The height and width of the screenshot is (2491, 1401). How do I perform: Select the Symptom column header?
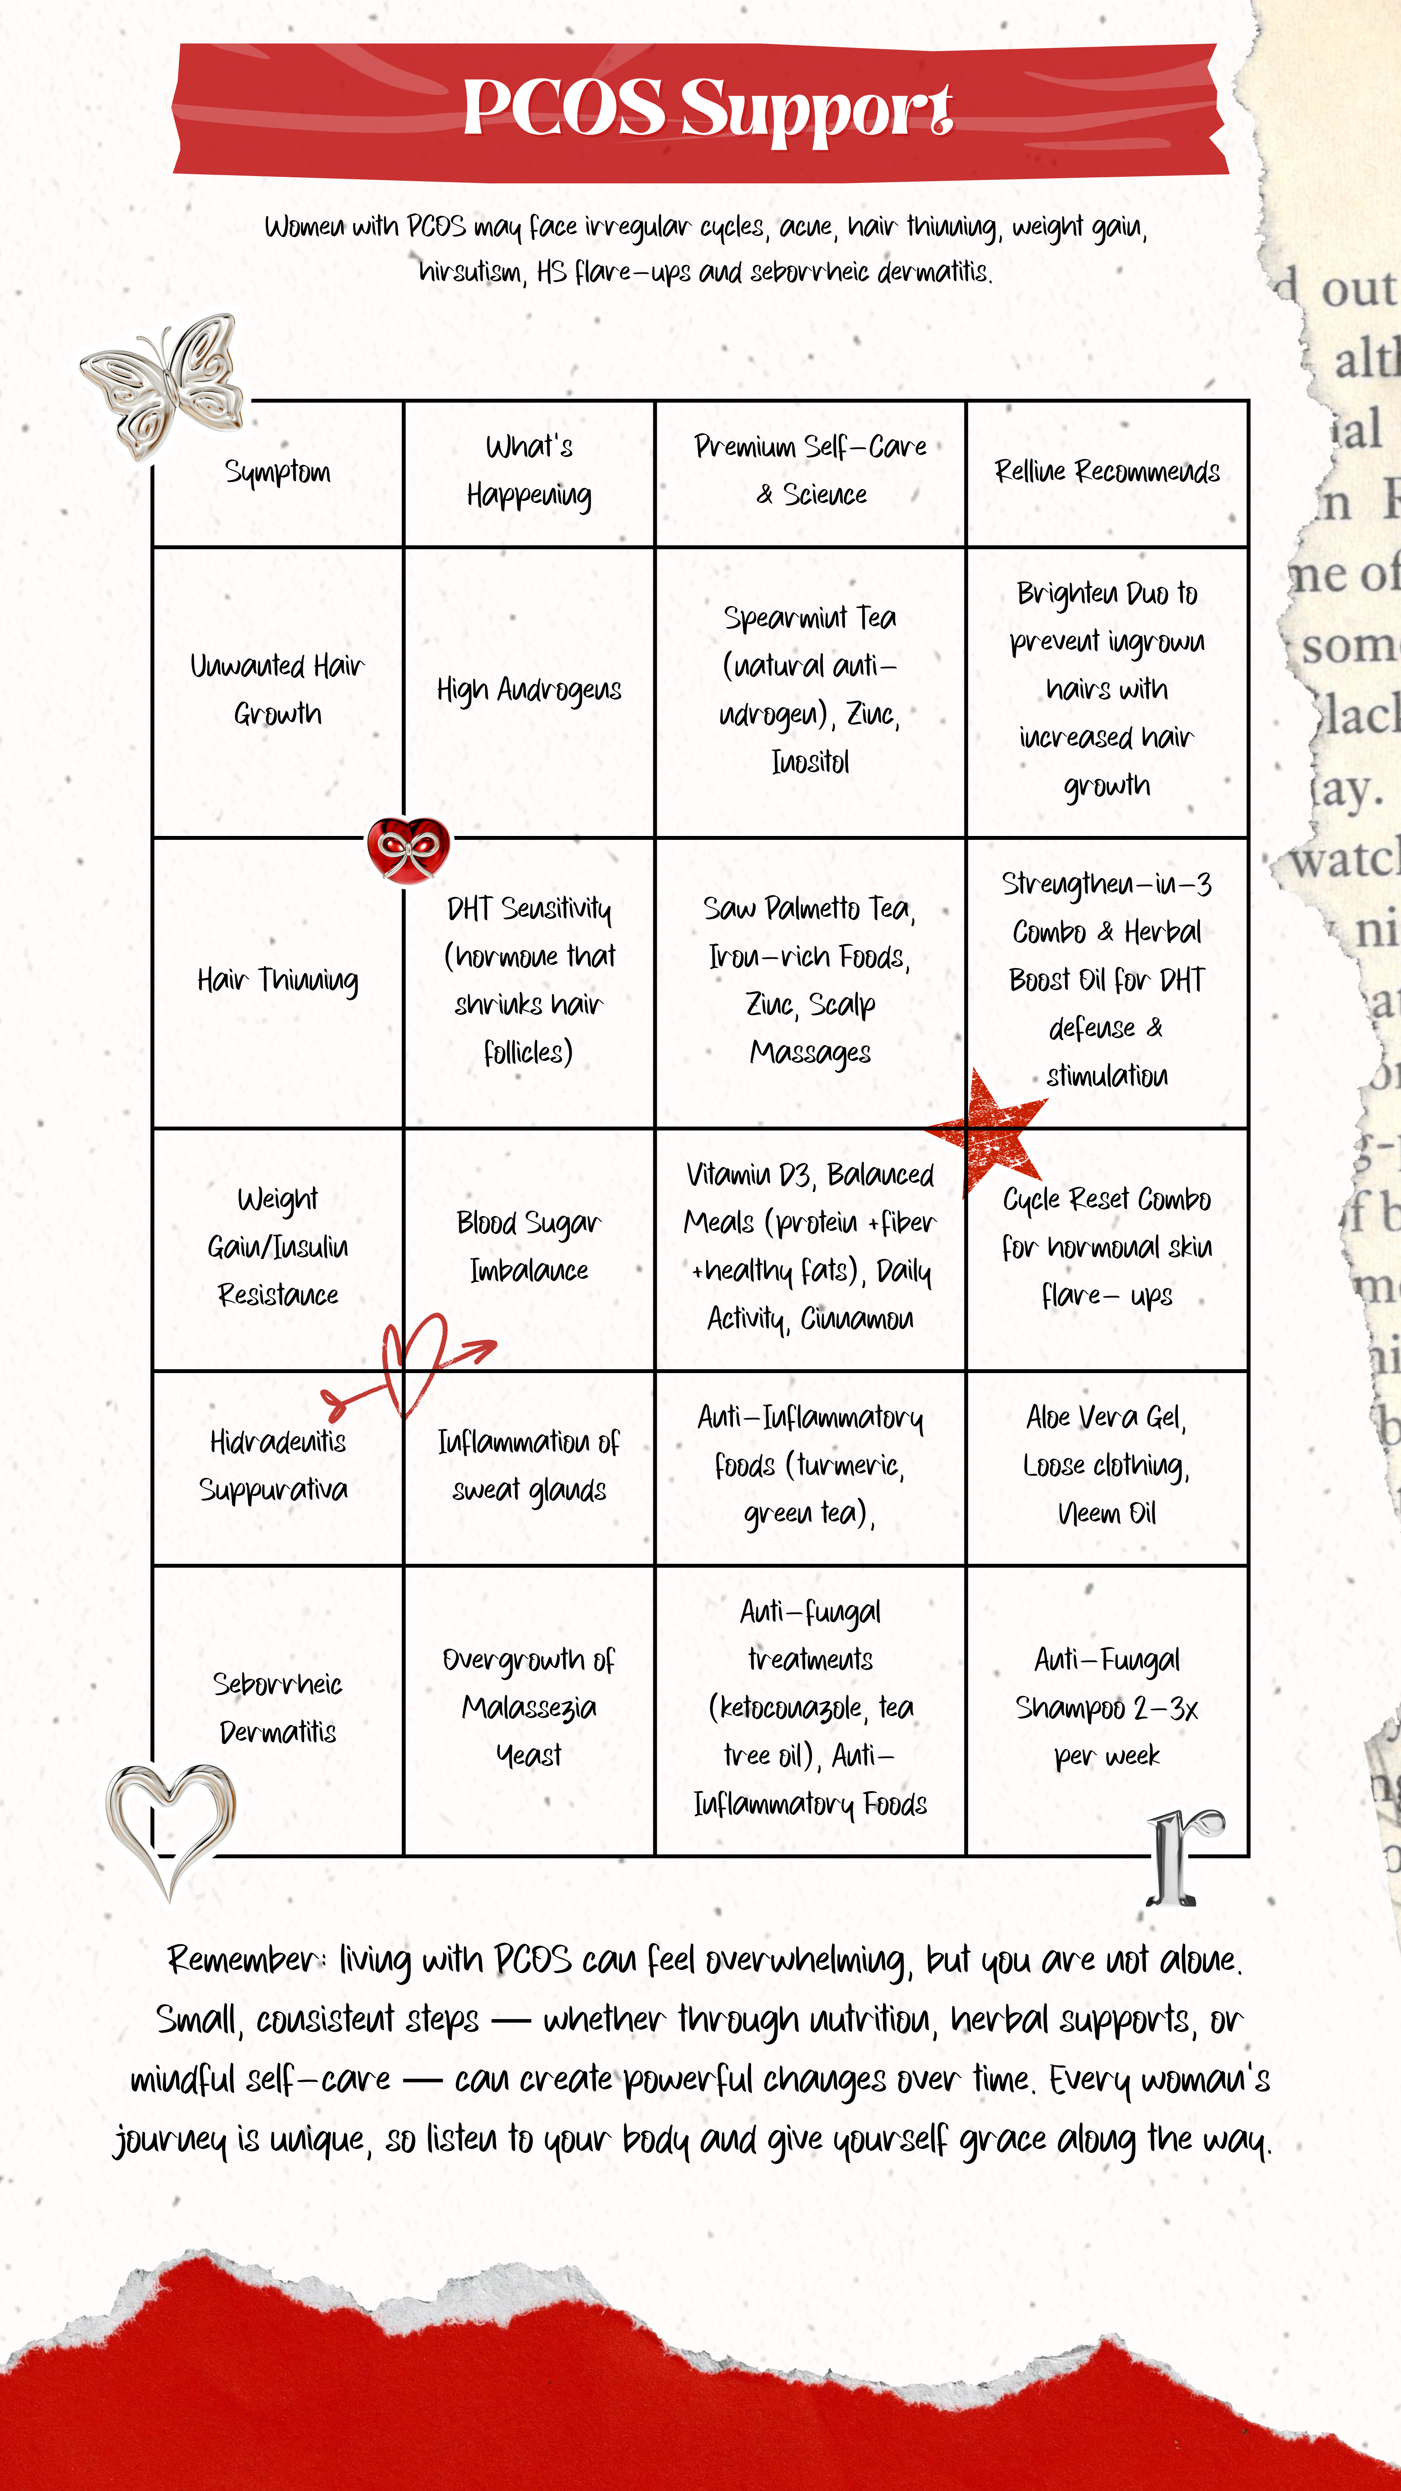[x=278, y=472]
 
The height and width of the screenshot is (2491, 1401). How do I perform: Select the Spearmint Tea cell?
[x=810, y=689]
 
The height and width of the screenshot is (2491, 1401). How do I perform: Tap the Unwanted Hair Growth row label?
[x=278, y=689]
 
